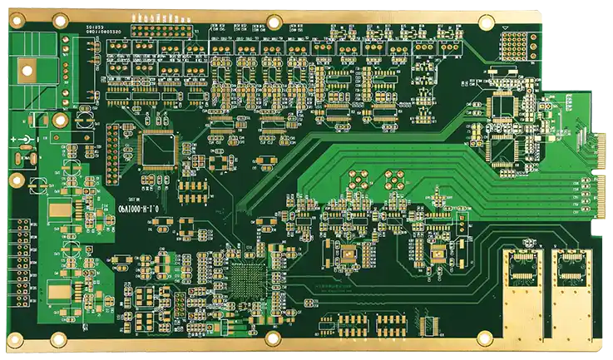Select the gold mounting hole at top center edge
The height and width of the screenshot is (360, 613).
[x=274, y=22]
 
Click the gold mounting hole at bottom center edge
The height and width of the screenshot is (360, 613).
[x=272, y=338]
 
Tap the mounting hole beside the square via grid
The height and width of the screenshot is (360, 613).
[x=507, y=25]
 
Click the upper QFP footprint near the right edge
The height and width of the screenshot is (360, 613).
[x=503, y=106]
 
